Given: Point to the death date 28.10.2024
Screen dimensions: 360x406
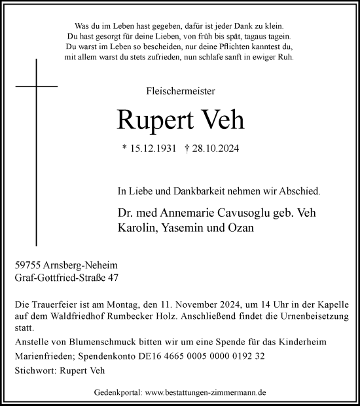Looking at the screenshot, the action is (x=213, y=149).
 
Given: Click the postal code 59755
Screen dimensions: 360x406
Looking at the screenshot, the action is (x=27, y=265).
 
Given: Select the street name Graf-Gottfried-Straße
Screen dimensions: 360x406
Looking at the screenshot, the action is (x=58, y=278).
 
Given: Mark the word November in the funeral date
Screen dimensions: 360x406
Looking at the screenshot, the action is (x=191, y=304).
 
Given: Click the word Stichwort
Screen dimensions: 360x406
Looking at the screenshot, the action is (x=34, y=372).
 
